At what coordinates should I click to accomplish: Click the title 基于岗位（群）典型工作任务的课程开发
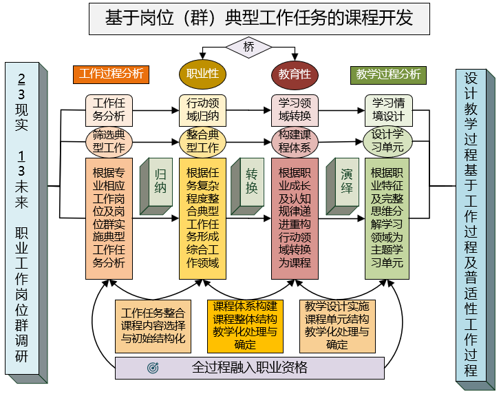click(x=259, y=19)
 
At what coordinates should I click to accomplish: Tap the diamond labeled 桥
click(x=248, y=47)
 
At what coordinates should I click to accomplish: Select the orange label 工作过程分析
click(x=111, y=73)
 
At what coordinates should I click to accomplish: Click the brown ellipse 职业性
click(x=203, y=73)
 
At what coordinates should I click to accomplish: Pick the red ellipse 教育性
click(x=295, y=74)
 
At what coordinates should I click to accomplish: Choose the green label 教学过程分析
click(x=388, y=74)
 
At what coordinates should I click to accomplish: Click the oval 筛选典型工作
click(x=109, y=141)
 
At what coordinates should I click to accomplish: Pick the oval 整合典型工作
click(x=203, y=141)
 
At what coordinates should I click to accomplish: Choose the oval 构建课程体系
click(x=295, y=141)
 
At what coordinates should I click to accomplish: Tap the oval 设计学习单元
click(x=388, y=140)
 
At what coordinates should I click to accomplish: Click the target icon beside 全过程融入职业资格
click(x=153, y=368)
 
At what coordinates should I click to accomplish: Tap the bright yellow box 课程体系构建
click(x=245, y=325)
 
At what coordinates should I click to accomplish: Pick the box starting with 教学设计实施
click(x=337, y=325)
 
